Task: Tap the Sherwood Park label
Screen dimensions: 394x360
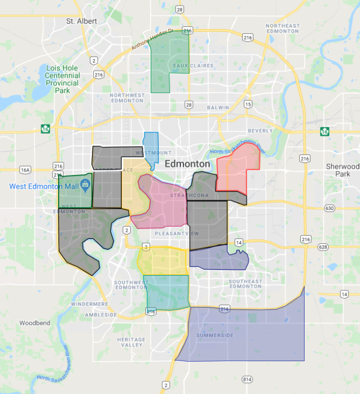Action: [342, 170]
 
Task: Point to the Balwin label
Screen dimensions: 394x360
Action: [218, 107]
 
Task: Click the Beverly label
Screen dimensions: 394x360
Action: [260, 130]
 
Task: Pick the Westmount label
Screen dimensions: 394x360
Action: [153, 152]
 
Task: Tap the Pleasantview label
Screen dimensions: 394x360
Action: [176, 233]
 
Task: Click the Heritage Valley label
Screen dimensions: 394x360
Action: [131, 342]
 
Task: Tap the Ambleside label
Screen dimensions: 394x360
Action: [101, 315]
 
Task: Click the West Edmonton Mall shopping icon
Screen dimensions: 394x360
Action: [85, 186]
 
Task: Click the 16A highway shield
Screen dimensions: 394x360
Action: [25, 170]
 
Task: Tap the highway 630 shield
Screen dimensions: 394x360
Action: [329, 208]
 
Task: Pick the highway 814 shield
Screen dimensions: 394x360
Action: [248, 379]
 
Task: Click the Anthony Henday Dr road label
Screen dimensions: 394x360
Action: [152, 41]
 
